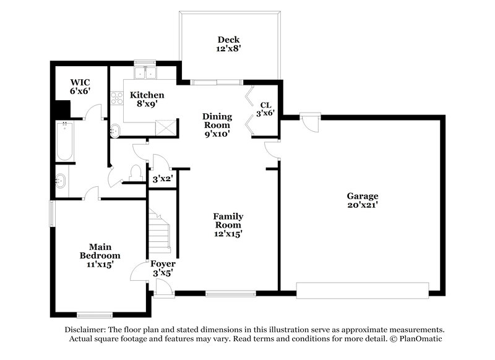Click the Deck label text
tap(228, 45)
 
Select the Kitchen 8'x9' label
tap(147, 100)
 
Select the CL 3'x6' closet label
tap(266, 109)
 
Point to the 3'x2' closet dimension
tap(162, 179)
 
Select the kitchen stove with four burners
tap(116, 97)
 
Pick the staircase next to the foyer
tap(160, 231)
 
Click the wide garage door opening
tap(362, 290)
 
